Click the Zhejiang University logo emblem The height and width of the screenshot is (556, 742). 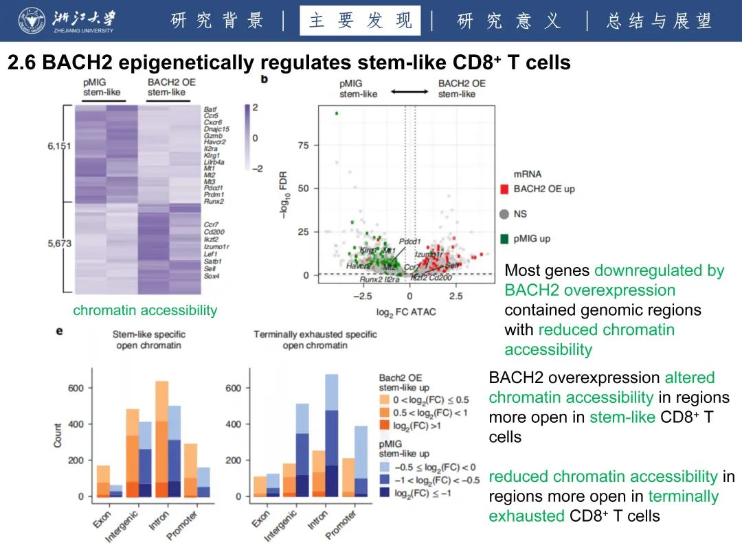tap(30, 21)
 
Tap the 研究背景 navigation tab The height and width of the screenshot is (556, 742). tap(217, 21)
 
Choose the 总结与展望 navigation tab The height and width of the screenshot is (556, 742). tap(659, 21)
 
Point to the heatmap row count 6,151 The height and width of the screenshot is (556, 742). tap(58, 146)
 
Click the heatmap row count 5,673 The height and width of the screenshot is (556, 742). tap(58, 244)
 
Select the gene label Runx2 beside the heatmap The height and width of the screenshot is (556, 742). tap(213, 202)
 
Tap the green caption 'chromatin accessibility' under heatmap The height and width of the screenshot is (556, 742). tap(145, 310)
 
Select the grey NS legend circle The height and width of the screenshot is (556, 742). tap(504, 214)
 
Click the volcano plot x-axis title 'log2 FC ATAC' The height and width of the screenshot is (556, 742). tap(406, 312)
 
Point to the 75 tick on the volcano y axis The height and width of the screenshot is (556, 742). tap(303, 146)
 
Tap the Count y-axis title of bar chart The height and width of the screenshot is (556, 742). tap(58, 435)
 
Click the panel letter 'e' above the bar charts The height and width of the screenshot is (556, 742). tap(60, 331)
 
